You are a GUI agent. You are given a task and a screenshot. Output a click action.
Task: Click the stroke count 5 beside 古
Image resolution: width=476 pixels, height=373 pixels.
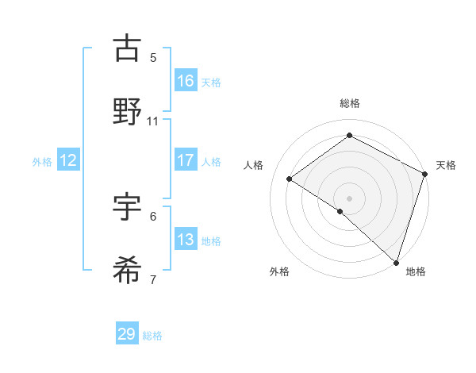click(153, 57)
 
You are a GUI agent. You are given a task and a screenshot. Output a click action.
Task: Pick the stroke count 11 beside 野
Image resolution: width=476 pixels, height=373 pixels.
click(153, 121)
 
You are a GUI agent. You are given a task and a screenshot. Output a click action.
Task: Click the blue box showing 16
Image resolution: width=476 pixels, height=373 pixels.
click(186, 80)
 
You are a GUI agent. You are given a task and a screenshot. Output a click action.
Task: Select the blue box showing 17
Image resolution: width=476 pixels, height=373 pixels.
click(186, 160)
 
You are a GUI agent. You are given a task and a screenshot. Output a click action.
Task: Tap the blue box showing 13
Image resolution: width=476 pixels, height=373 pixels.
click(186, 240)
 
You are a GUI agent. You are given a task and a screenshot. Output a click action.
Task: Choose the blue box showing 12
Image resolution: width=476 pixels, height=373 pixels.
click(68, 160)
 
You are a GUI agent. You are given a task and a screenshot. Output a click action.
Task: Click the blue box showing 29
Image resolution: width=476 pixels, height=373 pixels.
click(127, 334)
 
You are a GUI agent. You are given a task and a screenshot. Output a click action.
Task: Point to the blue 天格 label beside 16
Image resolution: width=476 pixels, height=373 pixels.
click(211, 82)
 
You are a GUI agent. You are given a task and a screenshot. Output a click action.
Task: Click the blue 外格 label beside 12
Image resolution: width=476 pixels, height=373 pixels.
click(42, 162)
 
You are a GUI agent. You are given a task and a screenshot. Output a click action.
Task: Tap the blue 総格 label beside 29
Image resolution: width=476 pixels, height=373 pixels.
click(152, 336)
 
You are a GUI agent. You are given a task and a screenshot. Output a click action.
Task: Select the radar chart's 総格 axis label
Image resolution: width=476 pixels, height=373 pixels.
click(350, 103)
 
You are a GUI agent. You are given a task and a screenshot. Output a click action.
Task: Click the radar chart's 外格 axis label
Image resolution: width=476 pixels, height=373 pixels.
click(279, 271)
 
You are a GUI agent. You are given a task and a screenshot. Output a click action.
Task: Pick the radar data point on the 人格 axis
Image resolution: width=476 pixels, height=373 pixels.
click(290, 179)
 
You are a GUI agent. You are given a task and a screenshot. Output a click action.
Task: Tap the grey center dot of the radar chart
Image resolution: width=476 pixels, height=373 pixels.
click(349, 198)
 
